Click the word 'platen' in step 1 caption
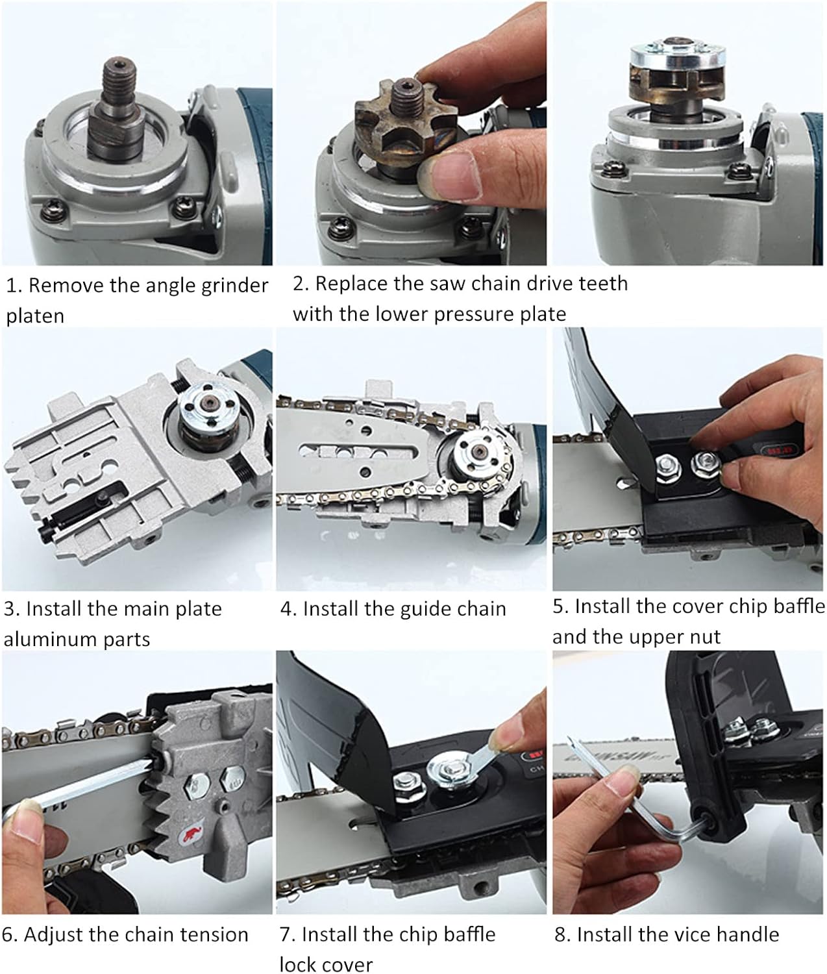[35, 316]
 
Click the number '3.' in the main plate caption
[12, 609]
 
